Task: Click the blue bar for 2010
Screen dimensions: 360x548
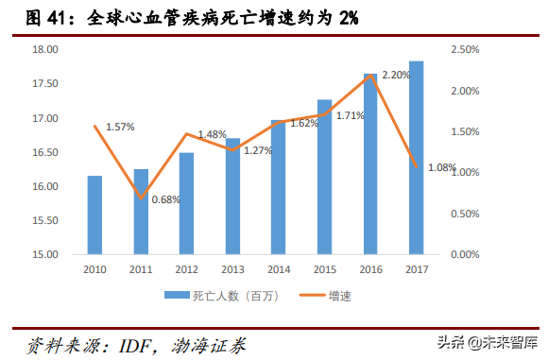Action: tap(94, 214)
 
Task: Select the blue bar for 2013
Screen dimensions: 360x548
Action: tap(232, 196)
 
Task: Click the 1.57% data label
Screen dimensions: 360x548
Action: tap(119, 127)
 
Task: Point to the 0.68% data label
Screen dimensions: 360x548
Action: tap(166, 198)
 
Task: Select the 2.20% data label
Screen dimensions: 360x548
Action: tap(396, 75)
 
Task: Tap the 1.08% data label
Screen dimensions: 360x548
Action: tap(442, 168)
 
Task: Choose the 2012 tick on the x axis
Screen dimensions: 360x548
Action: tap(186, 269)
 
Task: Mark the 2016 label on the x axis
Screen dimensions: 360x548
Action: tap(370, 269)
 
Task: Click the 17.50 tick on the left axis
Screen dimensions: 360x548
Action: tap(45, 84)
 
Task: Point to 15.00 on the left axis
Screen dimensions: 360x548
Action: tap(45, 254)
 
